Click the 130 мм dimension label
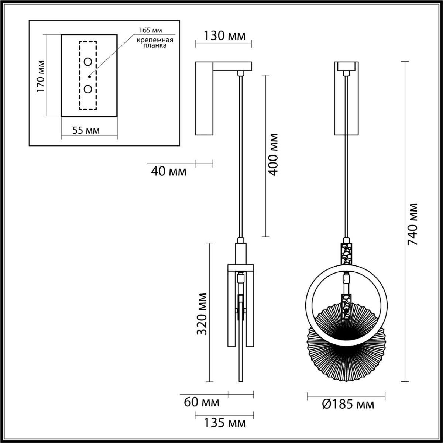click(x=224, y=36)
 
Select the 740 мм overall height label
click(x=412, y=224)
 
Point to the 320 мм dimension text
click(x=202, y=314)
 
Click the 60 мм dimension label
click(x=202, y=402)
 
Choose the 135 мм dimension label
click(x=224, y=423)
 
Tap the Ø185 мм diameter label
click(x=347, y=405)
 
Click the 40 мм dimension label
click(x=169, y=171)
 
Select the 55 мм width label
click(x=86, y=130)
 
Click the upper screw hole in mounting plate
click(x=88, y=62)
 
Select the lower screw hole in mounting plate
click(x=88, y=89)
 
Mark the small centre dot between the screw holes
click(x=89, y=76)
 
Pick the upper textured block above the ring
click(x=346, y=254)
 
